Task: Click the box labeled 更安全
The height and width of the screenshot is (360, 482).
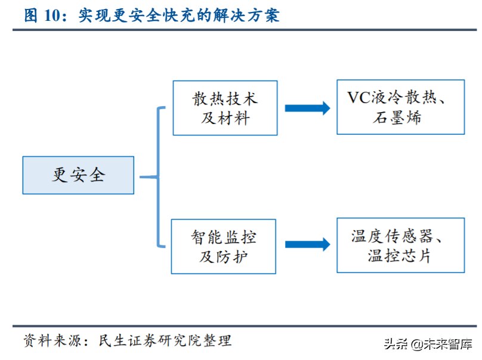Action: click(78, 175)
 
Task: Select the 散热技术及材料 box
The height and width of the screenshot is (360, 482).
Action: click(225, 108)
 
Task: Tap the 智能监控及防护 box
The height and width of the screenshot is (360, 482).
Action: click(224, 246)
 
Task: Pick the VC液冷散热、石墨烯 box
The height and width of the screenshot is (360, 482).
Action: click(400, 107)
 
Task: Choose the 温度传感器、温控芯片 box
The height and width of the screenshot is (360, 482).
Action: click(400, 246)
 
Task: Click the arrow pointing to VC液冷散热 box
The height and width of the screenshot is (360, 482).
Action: click(307, 108)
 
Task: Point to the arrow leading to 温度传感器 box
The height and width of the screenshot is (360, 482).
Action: click(307, 244)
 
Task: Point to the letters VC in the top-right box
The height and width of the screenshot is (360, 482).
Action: click(359, 98)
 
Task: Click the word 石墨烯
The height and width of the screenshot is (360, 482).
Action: click(400, 117)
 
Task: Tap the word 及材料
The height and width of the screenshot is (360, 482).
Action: click(225, 118)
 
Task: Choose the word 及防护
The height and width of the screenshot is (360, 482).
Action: click(224, 257)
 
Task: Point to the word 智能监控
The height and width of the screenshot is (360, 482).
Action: click(224, 237)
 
